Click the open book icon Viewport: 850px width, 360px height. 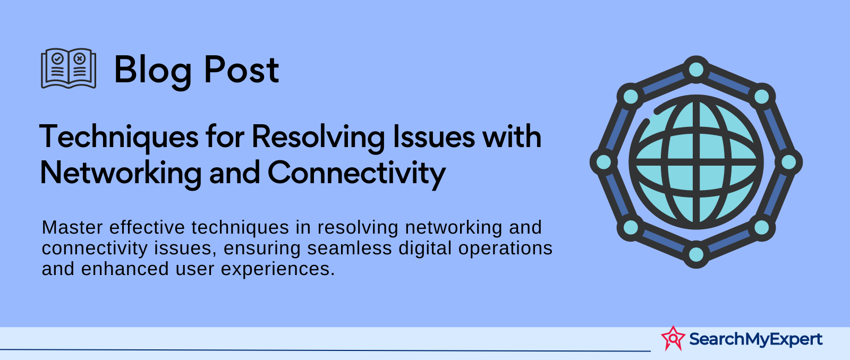(x=69, y=68)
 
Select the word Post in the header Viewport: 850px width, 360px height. (x=242, y=70)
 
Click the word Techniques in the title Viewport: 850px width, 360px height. (x=119, y=138)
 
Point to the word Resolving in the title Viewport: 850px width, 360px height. (x=318, y=138)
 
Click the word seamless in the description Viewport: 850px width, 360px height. (x=349, y=248)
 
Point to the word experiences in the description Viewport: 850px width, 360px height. (x=278, y=269)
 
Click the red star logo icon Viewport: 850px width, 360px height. (x=673, y=338)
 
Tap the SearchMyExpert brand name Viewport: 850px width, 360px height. (x=755, y=339)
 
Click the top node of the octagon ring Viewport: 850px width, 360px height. (x=696, y=70)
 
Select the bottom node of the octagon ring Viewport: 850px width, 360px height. (x=696, y=254)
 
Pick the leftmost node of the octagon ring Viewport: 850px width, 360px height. (x=603, y=162)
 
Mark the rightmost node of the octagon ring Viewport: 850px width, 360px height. (x=788, y=162)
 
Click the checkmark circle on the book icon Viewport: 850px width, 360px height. (x=58, y=58)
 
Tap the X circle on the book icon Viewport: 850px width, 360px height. (x=80, y=58)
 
